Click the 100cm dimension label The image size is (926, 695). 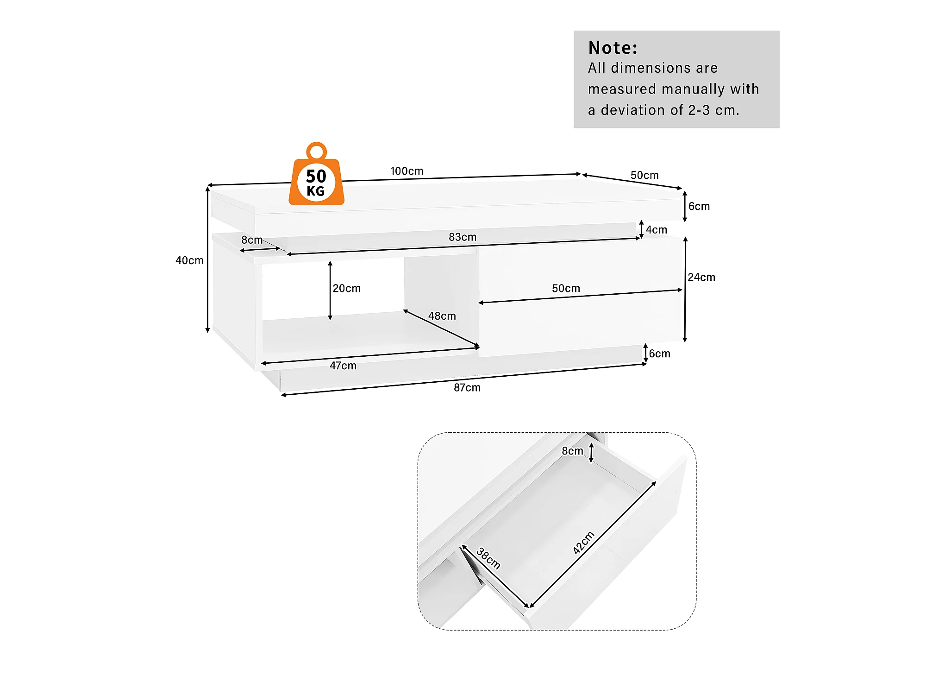(x=407, y=171)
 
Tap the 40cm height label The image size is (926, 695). (x=189, y=260)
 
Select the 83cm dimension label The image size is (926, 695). (x=462, y=237)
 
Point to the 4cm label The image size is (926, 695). (x=656, y=230)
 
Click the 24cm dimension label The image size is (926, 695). (x=701, y=277)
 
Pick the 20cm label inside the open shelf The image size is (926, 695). (x=346, y=288)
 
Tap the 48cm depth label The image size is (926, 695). (x=442, y=316)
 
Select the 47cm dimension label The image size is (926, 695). (x=343, y=366)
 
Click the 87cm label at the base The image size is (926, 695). (x=467, y=387)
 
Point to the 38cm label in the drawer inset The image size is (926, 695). (x=488, y=558)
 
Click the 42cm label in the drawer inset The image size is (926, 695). (x=583, y=543)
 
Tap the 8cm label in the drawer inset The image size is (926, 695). (x=572, y=451)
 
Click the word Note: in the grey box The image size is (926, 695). (x=613, y=48)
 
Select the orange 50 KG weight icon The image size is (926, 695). (x=316, y=182)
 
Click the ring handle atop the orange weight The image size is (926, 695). (x=317, y=151)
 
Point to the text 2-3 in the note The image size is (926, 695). (x=699, y=110)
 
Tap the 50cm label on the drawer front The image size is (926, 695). (x=566, y=288)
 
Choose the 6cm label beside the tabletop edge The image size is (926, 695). (x=699, y=206)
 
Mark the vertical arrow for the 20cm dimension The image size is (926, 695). (x=330, y=291)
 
